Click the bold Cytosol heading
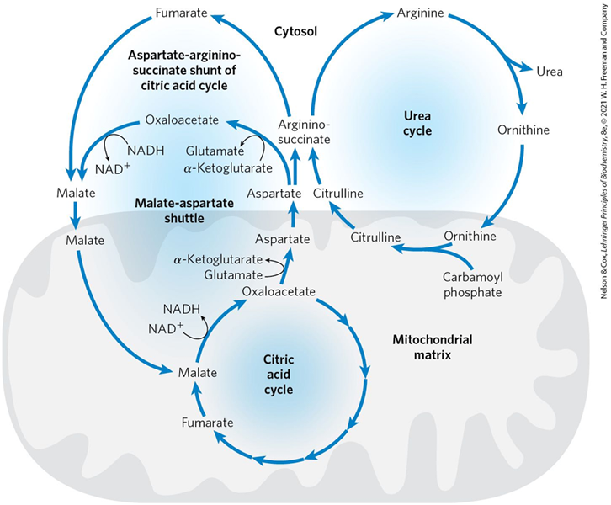tap(295, 31)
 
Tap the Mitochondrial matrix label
tap(432, 348)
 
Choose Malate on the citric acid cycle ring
tap(197, 372)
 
